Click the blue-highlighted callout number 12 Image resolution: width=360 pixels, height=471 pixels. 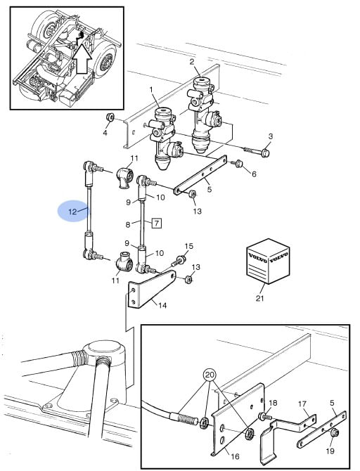click(72, 212)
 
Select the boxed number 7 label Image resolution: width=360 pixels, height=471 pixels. click(157, 223)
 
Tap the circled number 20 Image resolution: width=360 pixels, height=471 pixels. click(210, 375)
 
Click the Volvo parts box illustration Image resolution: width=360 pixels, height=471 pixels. click(268, 261)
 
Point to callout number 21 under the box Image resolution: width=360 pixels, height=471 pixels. click(260, 298)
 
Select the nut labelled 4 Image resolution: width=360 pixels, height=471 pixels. click(110, 117)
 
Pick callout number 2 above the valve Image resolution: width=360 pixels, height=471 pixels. click(192, 62)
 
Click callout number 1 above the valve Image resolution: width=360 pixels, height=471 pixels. click(151, 89)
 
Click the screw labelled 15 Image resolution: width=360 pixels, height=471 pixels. click(179, 260)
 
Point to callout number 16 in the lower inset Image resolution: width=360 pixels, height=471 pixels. click(235, 456)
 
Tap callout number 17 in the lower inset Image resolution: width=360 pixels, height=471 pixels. click(302, 404)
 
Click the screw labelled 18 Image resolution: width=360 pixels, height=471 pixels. click(264, 417)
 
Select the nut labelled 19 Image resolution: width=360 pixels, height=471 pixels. click(334, 433)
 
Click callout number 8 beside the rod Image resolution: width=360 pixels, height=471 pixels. click(128, 224)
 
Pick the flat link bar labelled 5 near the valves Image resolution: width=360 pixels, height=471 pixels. click(200, 175)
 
